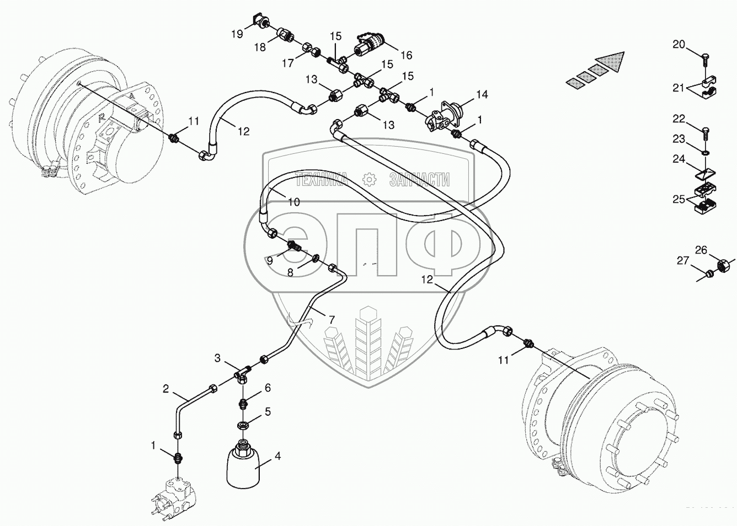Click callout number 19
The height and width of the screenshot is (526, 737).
point(237,34)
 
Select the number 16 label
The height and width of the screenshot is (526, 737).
point(406,55)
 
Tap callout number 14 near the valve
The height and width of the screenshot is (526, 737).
point(482,95)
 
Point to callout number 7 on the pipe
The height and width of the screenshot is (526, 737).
point(331,319)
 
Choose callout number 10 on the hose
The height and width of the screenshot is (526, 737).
point(294,202)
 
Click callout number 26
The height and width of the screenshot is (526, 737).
point(701,250)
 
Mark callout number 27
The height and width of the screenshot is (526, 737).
point(683,260)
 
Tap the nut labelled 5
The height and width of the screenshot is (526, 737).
point(242,425)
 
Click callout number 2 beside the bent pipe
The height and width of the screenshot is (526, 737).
point(165,389)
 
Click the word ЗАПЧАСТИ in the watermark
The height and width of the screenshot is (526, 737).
point(419,179)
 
